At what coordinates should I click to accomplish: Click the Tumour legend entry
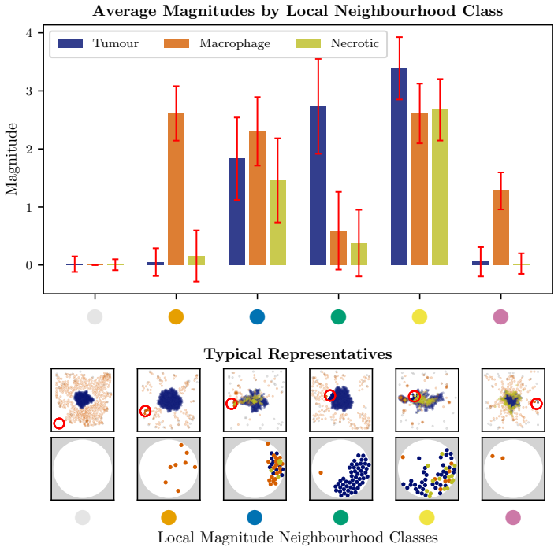[98, 43]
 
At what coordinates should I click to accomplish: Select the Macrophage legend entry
[217, 43]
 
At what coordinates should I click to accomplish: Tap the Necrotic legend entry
[337, 43]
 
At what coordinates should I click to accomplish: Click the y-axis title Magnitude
[11, 159]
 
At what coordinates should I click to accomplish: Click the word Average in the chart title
[125, 11]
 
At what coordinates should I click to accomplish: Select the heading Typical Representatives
[298, 354]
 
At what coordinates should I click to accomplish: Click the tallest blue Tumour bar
[400, 167]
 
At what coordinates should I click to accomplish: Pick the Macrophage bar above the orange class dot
[177, 189]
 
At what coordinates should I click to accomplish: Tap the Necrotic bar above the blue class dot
[277, 223]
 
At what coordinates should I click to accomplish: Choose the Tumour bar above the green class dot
[318, 186]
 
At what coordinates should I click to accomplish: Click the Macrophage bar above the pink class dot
[500, 227]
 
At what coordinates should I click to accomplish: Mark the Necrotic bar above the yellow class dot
[441, 187]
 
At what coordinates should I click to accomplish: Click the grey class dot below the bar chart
[95, 316]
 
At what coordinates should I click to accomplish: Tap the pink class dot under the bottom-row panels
[513, 518]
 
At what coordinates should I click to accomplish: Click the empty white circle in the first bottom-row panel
[83, 469]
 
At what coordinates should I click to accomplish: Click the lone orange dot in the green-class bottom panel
[321, 473]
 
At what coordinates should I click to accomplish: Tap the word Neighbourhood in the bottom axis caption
[331, 538]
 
